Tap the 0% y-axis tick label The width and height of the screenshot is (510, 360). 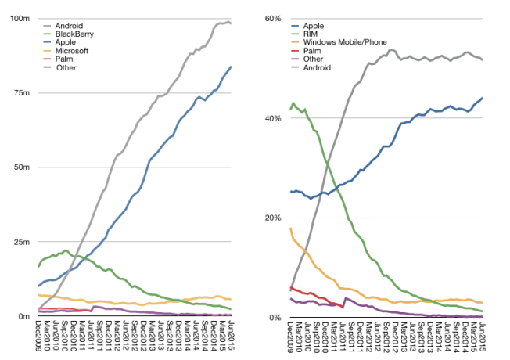coord(274,318)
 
